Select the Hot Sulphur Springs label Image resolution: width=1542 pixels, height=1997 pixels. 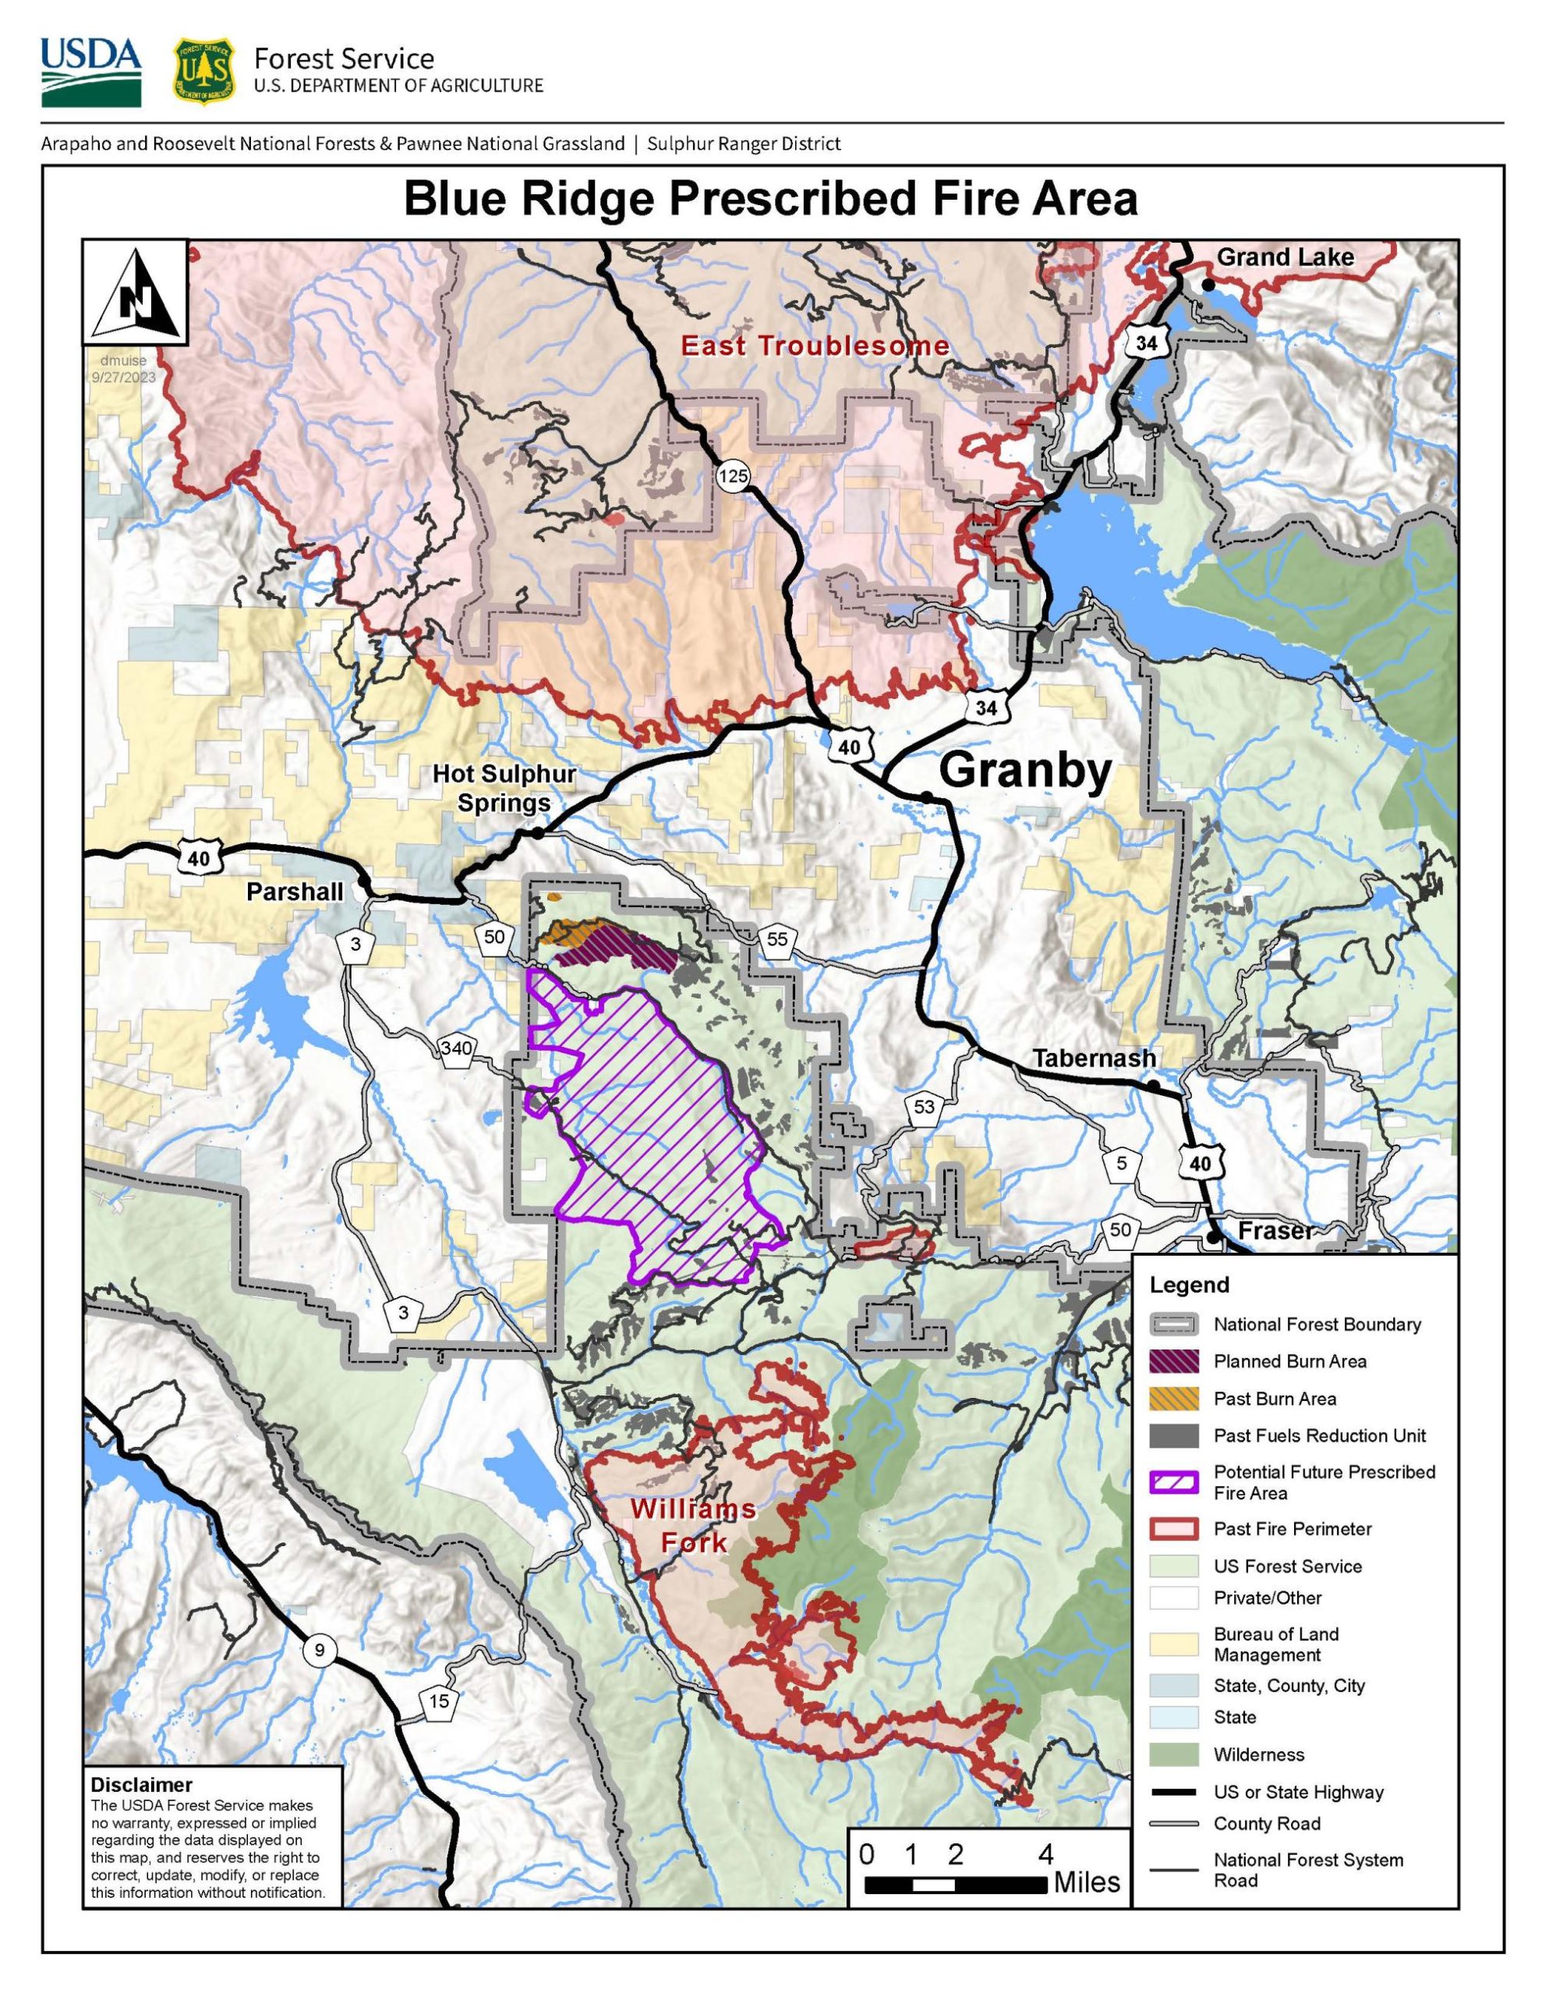pyautogui.click(x=504, y=788)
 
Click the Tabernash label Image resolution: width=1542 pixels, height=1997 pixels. pyautogui.click(x=1093, y=1058)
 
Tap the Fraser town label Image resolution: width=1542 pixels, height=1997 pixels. pyautogui.click(x=1274, y=1231)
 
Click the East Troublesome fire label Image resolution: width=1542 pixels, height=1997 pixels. pyautogui.click(x=815, y=346)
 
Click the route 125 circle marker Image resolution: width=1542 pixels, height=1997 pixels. pyautogui.click(x=733, y=476)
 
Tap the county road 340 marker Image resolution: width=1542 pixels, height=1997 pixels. pyautogui.click(x=456, y=1048)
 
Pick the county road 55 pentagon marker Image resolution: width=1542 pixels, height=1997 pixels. pyautogui.click(x=777, y=940)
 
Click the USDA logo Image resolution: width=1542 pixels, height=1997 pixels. pyautogui.click(x=90, y=73)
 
